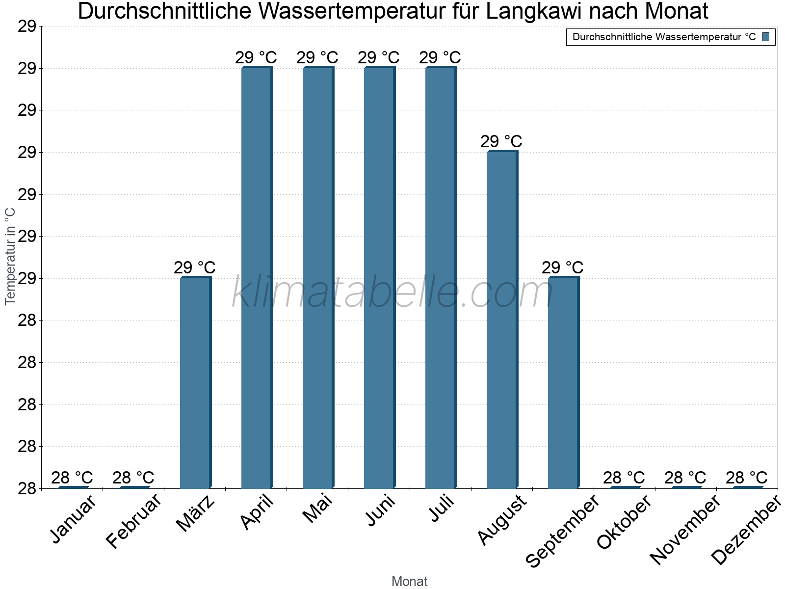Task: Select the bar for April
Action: (x=257, y=277)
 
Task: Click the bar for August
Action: (x=502, y=319)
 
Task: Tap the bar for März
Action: (x=195, y=382)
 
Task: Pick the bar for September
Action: (x=563, y=382)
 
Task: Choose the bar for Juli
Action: (x=441, y=277)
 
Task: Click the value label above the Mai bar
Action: (x=317, y=58)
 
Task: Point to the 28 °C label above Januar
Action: (x=72, y=478)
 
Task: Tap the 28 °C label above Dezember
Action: (x=746, y=478)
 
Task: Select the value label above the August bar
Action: (x=501, y=142)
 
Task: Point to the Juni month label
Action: (x=381, y=510)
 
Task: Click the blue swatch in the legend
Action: (x=766, y=37)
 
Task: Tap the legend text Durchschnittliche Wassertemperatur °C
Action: (x=664, y=37)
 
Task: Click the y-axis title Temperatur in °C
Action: (x=10, y=256)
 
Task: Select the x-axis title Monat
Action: (x=410, y=582)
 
